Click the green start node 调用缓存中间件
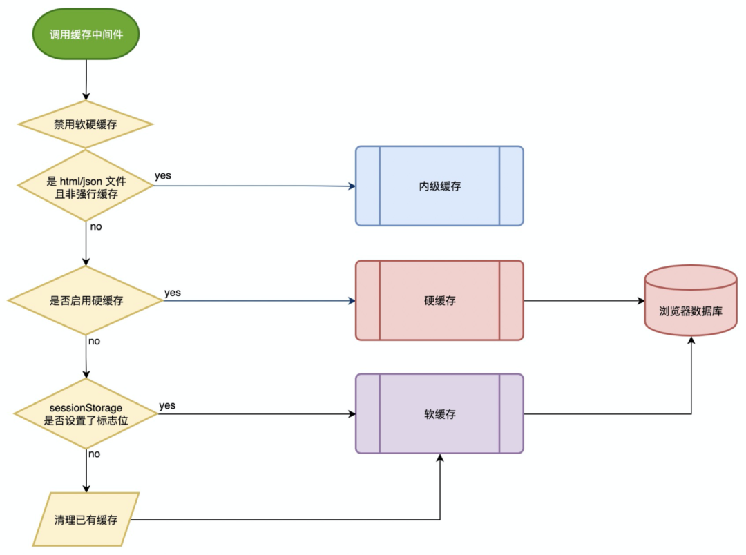pos(86,34)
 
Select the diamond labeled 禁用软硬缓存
pos(86,125)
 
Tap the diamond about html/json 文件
pos(86,187)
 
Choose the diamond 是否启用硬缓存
pos(86,301)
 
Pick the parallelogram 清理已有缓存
pos(86,520)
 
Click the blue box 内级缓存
pos(439,186)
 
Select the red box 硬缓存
pos(439,300)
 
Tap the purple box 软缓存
pos(439,414)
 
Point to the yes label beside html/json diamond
pos(163,175)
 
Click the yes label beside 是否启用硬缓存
pos(173,293)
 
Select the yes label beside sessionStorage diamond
pos(167,405)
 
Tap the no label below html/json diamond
pos(96,226)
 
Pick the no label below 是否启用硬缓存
pos(94,341)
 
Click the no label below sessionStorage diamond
pos(94,454)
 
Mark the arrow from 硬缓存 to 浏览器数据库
pos(584,301)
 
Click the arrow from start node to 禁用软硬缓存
pos(86,79)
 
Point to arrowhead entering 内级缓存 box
pos(352,186)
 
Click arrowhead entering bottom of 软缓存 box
pos(439,458)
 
